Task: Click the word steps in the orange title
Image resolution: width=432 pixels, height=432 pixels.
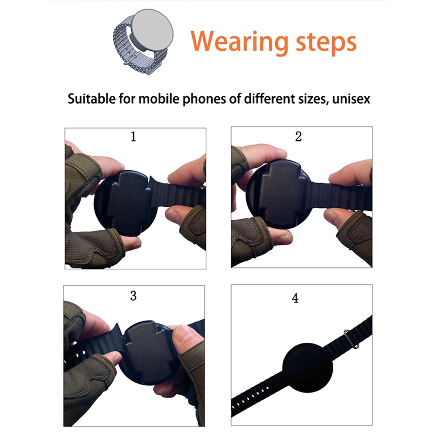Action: [326, 43]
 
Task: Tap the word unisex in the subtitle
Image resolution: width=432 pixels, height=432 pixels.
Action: [351, 99]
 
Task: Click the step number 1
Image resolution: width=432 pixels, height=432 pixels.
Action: [133, 137]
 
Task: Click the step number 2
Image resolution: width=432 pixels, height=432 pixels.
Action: [298, 136]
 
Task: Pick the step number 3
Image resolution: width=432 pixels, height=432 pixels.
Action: [133, 296]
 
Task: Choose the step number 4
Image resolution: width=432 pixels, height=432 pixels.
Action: [295, 298]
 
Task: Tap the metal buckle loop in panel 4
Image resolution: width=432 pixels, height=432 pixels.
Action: [351, 339]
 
